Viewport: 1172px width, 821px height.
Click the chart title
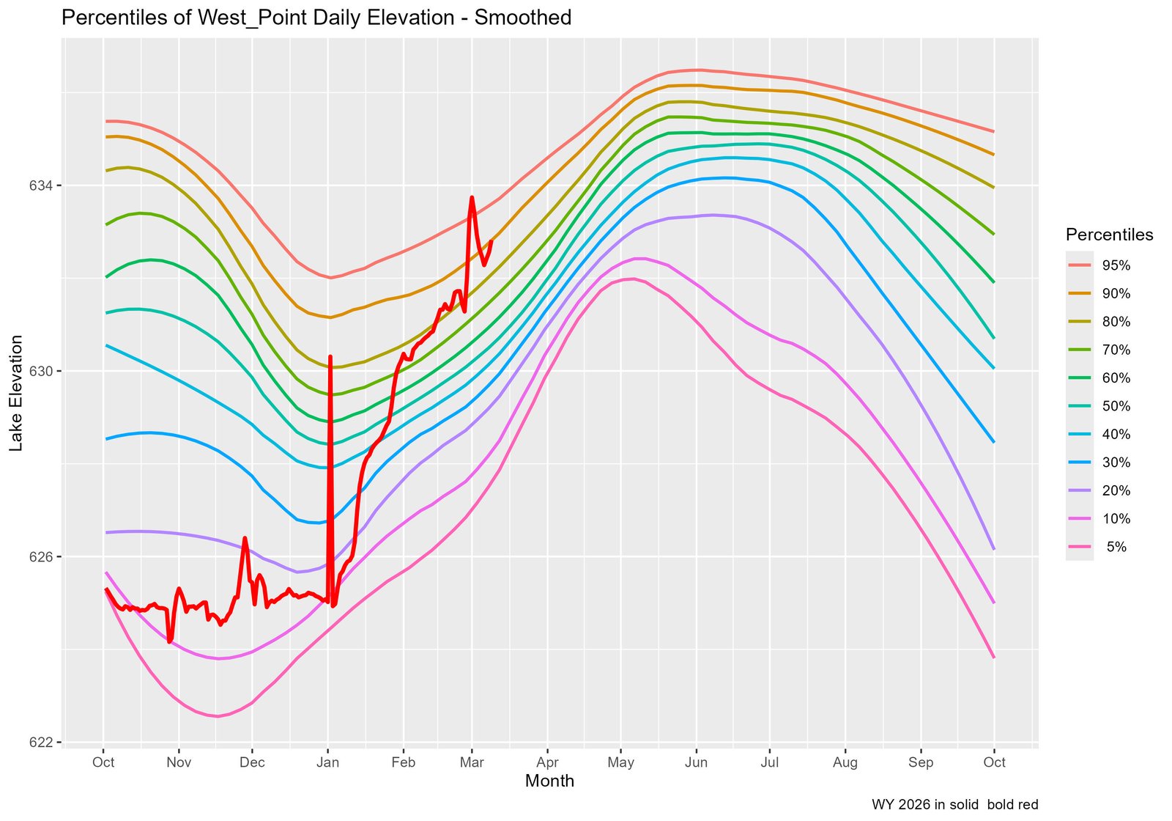316,18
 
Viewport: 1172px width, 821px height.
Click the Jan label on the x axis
327,762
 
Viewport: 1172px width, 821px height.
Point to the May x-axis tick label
621,762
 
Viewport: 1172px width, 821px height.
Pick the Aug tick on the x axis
845,762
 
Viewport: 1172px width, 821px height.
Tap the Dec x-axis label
252,762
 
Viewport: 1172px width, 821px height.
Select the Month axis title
549,781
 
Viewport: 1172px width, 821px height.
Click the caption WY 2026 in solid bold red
954,805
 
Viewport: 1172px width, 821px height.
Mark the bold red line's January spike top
330,357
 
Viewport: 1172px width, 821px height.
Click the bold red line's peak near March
472,197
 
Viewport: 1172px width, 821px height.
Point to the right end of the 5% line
993,657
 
